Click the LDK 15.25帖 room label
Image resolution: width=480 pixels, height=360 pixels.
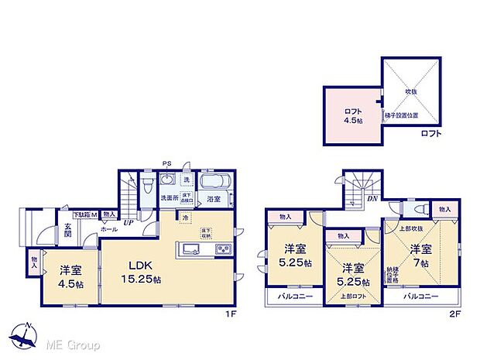click(144, 272)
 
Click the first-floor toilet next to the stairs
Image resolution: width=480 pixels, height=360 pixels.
click(146, 185)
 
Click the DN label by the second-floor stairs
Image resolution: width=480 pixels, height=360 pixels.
click(372, 198)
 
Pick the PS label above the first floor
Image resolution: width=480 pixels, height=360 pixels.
click(166, 163)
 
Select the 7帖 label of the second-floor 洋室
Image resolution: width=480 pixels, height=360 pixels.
click(420, 263)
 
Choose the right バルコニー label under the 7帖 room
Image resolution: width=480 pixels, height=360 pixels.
click(420, 297)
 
